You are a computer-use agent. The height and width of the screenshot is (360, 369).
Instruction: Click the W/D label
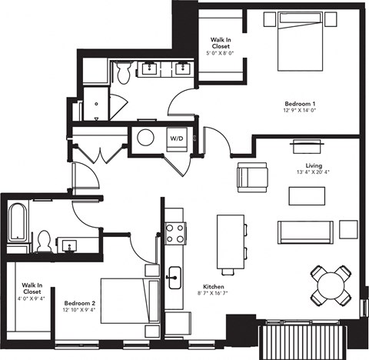[176, 139]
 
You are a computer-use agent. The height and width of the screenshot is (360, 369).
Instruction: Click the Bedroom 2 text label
[80, 303]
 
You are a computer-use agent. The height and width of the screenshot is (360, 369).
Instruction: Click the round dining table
[330, 285]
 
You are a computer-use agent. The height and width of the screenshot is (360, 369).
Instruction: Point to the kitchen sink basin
[175, 274]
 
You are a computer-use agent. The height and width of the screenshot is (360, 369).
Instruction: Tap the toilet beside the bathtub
[44, 242]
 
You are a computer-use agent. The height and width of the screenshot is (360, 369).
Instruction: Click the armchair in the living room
[253, 176]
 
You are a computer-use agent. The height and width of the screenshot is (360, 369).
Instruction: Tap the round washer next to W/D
[145, 139]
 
